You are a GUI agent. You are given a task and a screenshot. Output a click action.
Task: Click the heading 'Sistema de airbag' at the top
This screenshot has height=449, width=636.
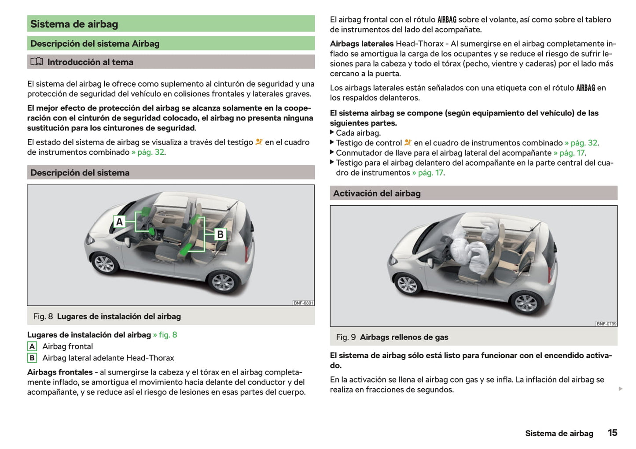point(74,24)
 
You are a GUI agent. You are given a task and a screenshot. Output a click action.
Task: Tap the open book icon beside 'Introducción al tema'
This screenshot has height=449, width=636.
point(37,62)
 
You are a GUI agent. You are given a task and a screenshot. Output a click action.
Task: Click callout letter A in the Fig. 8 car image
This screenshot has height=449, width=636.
point(119,222)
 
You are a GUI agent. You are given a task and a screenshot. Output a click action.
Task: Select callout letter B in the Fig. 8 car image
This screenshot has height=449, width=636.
point(220,234)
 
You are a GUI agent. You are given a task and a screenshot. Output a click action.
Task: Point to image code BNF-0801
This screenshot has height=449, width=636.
point(303,303)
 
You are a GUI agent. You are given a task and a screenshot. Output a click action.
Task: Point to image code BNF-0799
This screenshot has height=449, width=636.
point(606,323)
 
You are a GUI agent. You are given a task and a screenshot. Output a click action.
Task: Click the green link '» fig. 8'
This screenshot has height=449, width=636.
point(165,335)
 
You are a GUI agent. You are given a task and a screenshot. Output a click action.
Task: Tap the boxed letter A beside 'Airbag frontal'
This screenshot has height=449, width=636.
point(32,346)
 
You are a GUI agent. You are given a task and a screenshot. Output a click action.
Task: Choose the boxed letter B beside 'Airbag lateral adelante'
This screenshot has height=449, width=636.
point(32,358)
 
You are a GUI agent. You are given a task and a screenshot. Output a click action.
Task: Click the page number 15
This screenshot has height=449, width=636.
point(612,433)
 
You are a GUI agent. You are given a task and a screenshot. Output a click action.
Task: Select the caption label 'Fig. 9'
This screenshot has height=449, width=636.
point(346,337)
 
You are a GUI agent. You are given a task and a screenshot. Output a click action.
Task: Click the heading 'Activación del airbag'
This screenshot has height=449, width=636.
point(377,193)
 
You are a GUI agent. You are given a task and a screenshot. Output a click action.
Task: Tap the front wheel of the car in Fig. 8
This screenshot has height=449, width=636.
point(104,263)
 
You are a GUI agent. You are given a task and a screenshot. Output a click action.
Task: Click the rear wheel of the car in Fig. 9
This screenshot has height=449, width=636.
point(526,302)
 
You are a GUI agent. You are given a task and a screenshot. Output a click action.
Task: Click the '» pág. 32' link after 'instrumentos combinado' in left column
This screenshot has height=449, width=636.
point(148,152)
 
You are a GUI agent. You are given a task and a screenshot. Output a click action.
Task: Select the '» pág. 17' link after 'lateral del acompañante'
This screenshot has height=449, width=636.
point(570,153)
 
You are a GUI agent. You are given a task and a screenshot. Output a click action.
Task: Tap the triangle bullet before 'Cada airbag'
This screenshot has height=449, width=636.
point(332,132)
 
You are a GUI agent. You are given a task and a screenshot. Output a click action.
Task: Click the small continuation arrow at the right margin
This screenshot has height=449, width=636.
point(621,389)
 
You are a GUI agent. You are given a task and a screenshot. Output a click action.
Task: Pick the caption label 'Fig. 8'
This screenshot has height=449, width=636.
point(43,316)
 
